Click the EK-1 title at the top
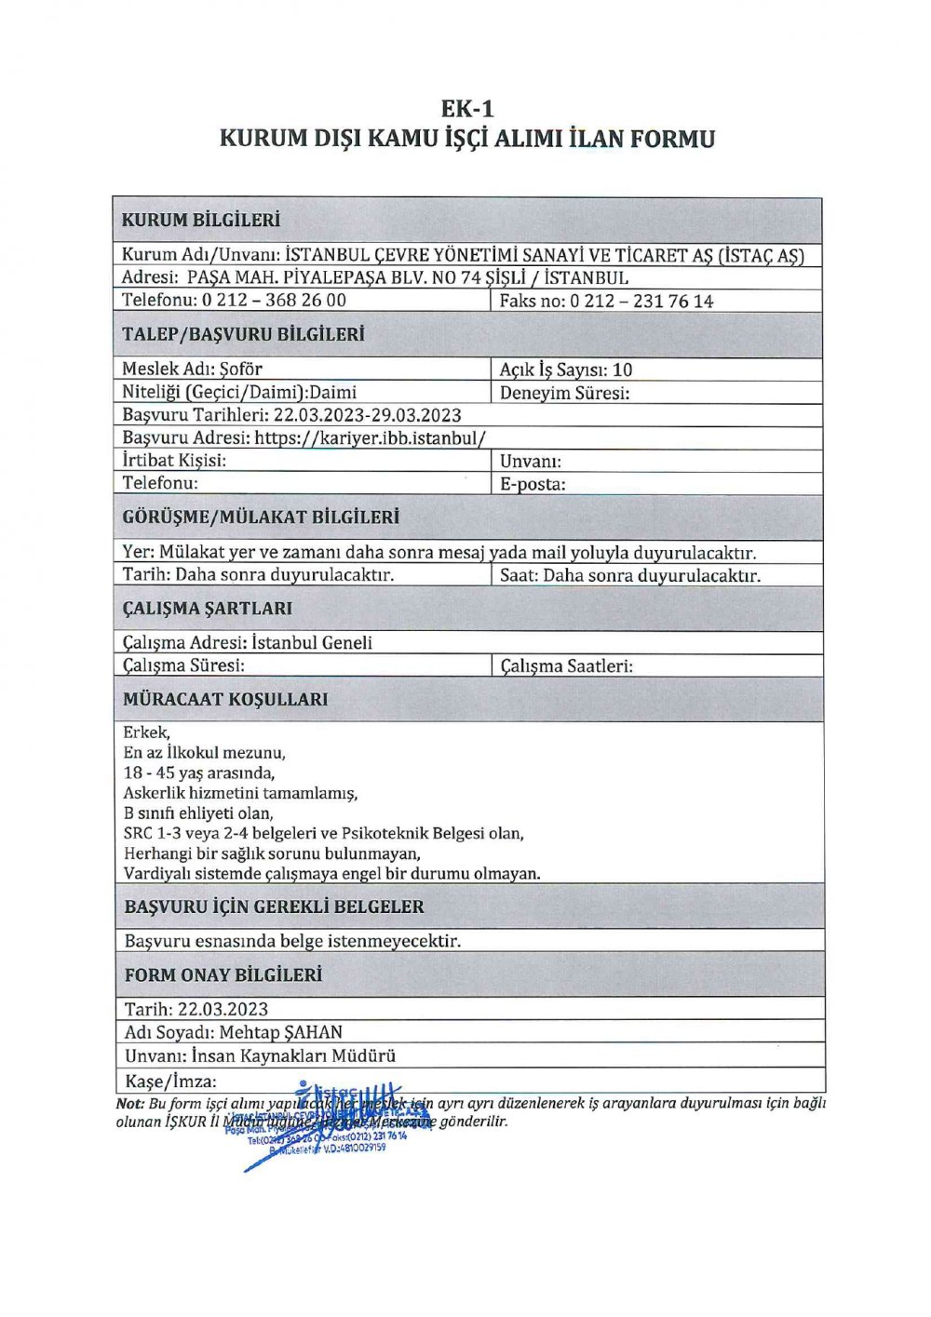coord(467,108)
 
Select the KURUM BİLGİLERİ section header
coord(201,221)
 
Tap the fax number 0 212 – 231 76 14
coord(641,301)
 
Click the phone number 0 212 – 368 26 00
coord(274,300)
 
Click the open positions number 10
coord(622,370)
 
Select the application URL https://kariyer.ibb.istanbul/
coord(371,437)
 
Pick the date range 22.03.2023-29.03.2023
coord(368,415)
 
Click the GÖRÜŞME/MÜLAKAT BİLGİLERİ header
coord(261,517)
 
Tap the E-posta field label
coord(533,484)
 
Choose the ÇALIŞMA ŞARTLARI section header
coord(208,609)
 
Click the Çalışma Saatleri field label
coord(566,666)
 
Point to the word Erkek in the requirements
coord(146,732)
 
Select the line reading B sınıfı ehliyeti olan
coord(198,813)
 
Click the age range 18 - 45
coord(148,773)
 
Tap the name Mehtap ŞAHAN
coord(281,1032)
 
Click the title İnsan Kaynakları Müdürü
coord(293,1055)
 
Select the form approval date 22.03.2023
coord(223,1009)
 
